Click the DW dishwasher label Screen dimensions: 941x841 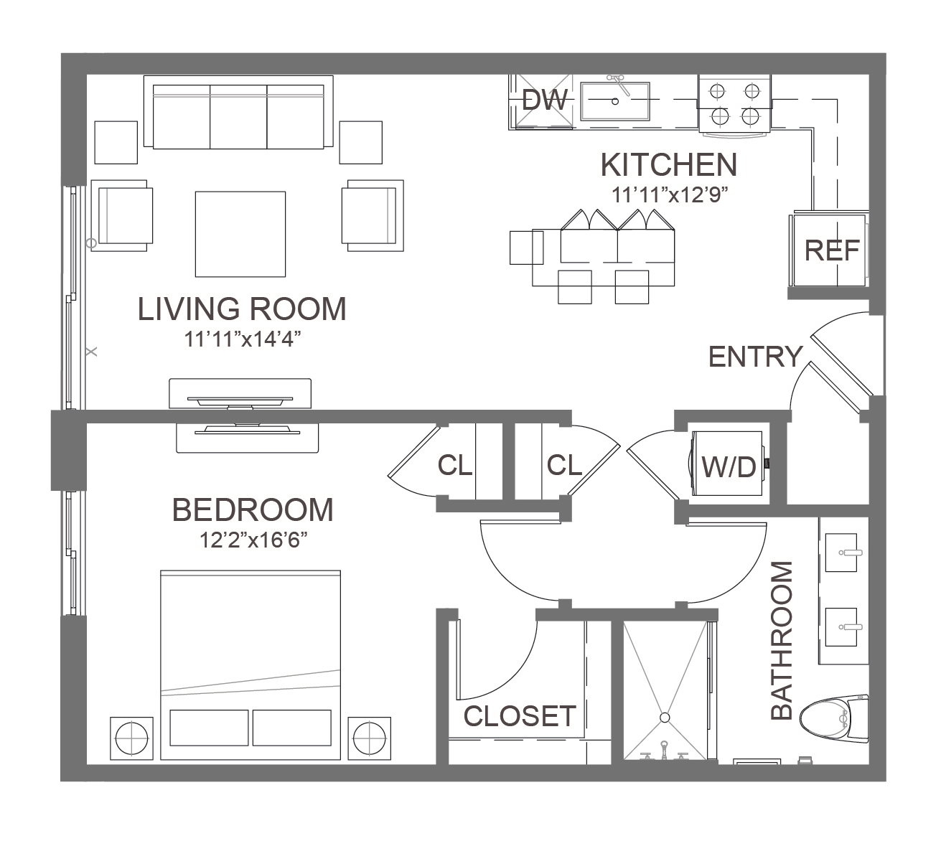pos(544,99)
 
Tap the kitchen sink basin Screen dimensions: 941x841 pos(615,101)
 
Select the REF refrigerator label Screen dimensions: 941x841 pos(831,250)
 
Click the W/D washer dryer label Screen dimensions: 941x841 pos(729,467)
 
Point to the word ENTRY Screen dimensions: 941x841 pos(755,357)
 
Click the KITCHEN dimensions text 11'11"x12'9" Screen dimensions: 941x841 pos(669,195)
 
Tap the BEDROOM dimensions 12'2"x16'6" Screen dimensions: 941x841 pos(253,540)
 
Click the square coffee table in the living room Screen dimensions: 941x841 pos(240,234)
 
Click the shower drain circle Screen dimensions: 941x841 pos(665,718)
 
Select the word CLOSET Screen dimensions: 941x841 pos(520,715)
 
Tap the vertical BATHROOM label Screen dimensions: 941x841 pos(782,640)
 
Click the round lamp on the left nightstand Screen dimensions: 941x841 pos(131,738)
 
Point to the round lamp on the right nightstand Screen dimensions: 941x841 pos(369,738)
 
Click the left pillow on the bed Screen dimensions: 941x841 pos(209,728)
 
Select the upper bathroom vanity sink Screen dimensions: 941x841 pos(841,553)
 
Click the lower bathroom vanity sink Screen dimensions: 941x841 pos(841,627)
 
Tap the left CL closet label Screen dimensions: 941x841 pos(454,465)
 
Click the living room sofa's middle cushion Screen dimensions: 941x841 pos(238,117)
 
